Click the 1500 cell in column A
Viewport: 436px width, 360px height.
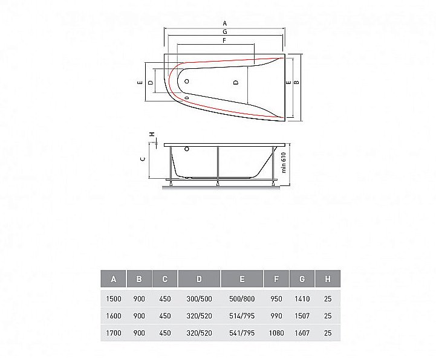[x=114, y=298]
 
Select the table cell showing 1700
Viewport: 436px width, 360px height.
[x=114, y=332]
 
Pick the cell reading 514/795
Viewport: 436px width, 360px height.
[x=242, y=315]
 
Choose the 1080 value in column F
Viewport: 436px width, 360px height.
[x=276, y=332]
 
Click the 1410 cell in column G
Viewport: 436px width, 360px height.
[x=302, y=298]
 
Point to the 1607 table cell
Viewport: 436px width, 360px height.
[x=302, y=332]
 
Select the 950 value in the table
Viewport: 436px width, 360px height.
[x=276, y=298]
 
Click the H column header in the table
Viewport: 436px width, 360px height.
[x=327, y=279]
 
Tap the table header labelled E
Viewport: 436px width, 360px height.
[x=242, y=279]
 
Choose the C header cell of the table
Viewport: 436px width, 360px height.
[x=165, y=279]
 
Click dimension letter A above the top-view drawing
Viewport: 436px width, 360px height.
[x=225, y=22]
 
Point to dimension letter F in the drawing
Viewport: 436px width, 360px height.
[x=224, y=40]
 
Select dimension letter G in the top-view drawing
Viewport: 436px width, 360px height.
[x=224, y=31]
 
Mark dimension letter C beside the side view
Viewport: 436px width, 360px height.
[x=142, y=159]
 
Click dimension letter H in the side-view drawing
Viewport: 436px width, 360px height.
[x=152, y=134]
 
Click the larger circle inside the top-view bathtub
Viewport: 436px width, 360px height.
[x=187, y=81]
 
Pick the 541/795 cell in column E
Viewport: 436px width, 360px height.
[x=242, y=332]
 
